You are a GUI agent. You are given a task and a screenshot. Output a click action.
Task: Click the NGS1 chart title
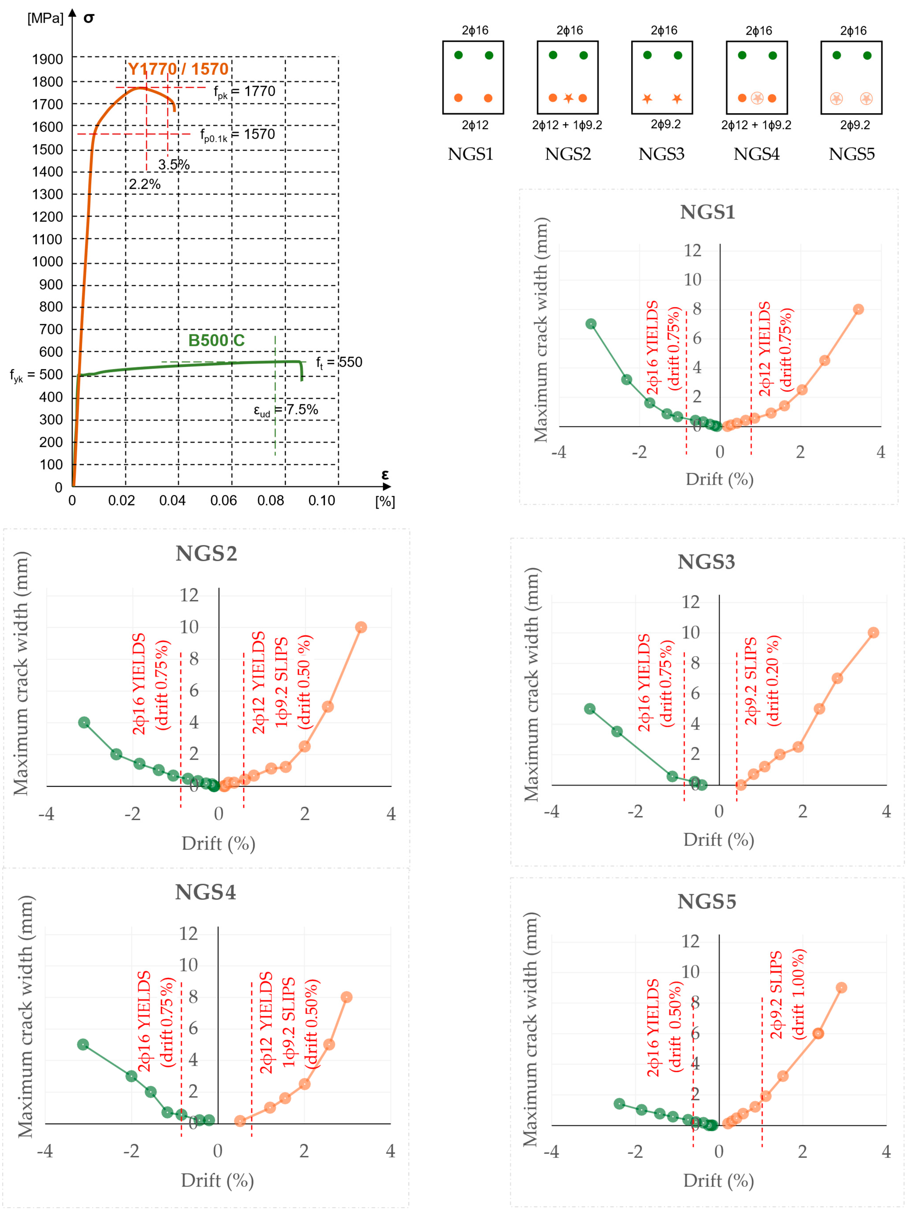coord(707,212)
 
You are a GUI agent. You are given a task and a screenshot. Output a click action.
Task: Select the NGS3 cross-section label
coord(661,154)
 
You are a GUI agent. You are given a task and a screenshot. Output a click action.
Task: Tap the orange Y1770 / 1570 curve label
coord(178,69)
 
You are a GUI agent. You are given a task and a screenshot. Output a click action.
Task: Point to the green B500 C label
coord(217,340)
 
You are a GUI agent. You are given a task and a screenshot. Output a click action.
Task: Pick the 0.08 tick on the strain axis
coord(271,500)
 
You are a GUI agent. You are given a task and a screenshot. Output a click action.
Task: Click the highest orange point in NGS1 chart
coord(859,309)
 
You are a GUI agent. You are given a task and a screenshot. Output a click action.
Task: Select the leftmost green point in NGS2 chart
coord(84,722)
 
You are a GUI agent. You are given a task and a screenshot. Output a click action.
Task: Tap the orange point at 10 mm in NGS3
coord(873,632)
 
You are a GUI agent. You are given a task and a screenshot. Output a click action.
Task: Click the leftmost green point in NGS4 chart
coord(83,1044)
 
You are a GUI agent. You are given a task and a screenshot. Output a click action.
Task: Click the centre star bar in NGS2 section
coord(568,98)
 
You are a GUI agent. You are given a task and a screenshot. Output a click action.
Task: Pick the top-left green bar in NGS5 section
coord(837,55)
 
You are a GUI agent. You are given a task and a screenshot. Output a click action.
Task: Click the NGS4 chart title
coord(205,892)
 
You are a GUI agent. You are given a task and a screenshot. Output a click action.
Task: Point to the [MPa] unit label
coord(45,18)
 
